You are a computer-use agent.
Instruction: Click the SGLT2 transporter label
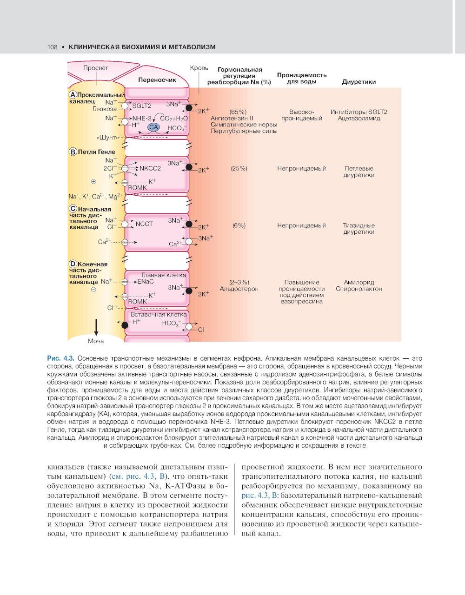[142, 106]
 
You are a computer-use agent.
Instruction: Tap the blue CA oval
[153, 127]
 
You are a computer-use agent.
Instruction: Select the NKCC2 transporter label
[150, 168]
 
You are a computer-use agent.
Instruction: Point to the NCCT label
[144, 224]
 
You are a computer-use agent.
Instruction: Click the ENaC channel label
[145, 281]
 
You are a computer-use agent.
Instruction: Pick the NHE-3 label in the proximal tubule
[142, 118]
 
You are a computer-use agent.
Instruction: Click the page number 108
[52, 47]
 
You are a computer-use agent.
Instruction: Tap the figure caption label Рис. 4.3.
[60, 358]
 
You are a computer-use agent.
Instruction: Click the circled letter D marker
[73, 264]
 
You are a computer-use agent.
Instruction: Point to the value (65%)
[238, 112]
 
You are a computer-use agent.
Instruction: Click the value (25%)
[239, 168]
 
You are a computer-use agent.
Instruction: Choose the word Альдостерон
[239, 289]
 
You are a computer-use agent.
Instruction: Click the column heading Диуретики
[359, 82]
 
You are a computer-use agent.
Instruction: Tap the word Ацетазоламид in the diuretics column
[359, 118]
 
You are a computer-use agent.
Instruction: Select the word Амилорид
[359, 282]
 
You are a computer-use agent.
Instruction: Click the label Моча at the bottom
[96, 341]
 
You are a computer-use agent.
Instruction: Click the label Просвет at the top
[95, 68]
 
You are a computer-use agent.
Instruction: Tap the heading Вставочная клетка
[158, 314]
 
